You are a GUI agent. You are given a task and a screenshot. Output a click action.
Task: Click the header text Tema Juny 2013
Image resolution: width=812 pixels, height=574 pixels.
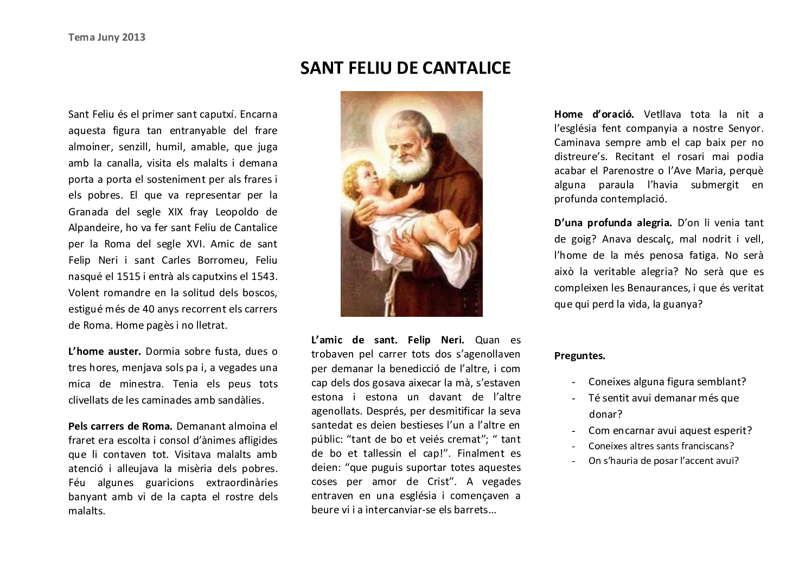(x=107, y=37)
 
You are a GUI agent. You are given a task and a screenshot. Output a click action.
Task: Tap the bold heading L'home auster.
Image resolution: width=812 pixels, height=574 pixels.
(x=105, y=351)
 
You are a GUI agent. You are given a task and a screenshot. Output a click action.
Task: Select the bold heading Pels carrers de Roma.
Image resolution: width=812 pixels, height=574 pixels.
(x=120, y=426)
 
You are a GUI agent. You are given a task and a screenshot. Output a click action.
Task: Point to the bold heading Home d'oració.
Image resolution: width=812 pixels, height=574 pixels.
(x=594, y=114)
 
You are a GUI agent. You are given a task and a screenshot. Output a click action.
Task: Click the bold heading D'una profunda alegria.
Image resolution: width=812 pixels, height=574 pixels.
(x=613, y=222)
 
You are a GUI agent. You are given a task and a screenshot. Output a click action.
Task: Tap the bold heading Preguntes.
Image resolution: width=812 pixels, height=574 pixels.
(x=579, y=356)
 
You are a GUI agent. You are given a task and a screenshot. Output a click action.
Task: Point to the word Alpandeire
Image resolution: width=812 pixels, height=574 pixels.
(x=94, y=227)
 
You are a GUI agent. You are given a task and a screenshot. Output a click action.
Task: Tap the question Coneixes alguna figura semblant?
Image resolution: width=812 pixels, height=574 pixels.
(x=667, y=381)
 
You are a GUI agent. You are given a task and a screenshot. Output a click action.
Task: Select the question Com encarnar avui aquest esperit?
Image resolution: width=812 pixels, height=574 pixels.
(x=670, y=430)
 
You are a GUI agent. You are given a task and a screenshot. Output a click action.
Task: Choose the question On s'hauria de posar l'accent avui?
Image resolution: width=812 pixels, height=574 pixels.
(x=663, y=461)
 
